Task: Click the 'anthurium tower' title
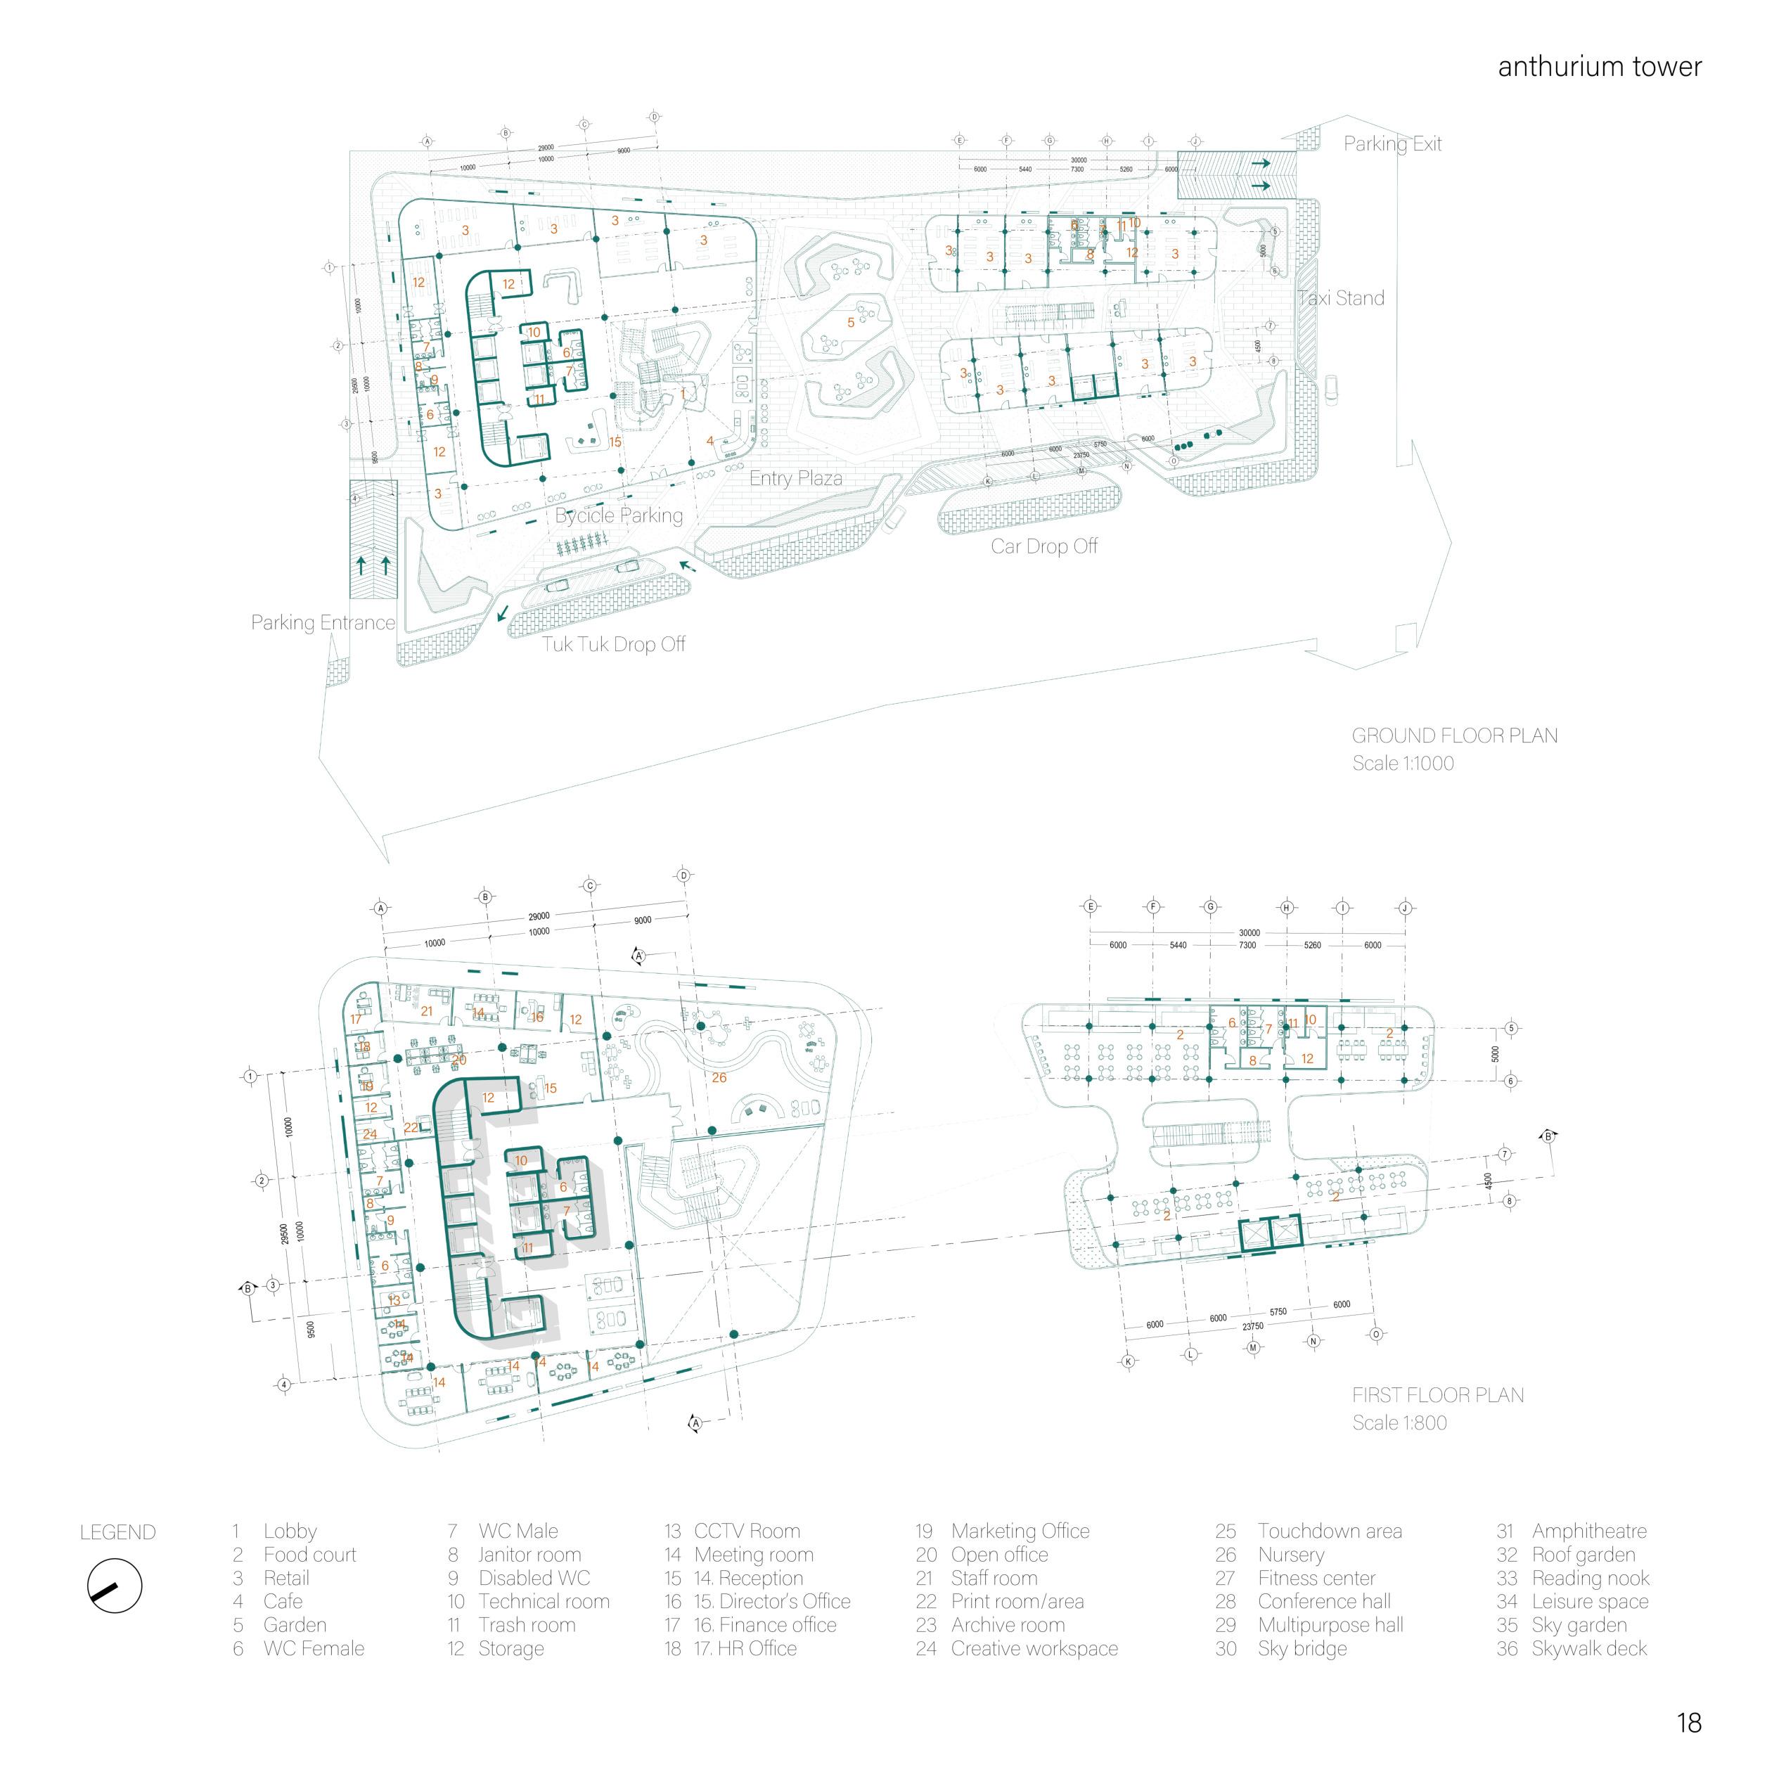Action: point(1599,67)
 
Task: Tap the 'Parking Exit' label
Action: point(1392,143)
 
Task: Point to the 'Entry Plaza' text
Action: point(795,478)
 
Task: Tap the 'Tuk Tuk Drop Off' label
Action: point(613,643)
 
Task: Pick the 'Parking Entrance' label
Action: point(323,622)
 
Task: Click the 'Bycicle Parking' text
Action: point(619,515)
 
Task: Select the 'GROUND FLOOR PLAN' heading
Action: point(1454,736)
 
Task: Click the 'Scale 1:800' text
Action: point(1399,1422)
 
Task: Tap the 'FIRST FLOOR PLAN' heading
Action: point(1437,1395)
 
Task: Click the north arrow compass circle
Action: point(115,1589)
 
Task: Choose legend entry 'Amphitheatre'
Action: point(1588,1531)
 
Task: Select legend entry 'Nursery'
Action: point(1290,1555)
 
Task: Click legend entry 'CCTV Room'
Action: point(746,1531)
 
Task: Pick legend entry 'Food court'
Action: point(309,1555)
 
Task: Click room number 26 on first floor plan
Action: point(719,1077)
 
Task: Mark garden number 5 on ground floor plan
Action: point(852,323)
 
